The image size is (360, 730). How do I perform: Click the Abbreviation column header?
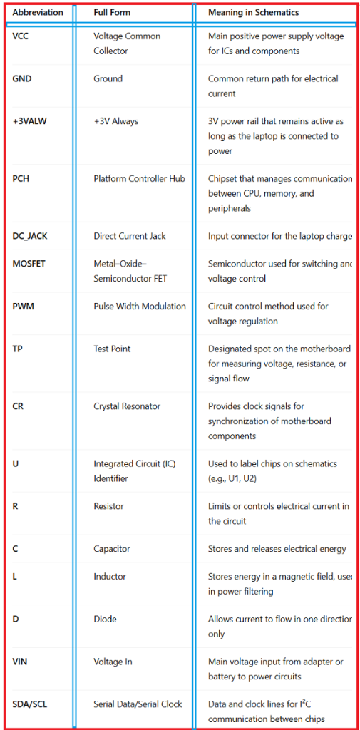[x=38, y=12]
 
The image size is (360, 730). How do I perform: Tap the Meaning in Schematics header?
[x=253, y=12]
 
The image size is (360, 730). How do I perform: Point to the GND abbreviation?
[x=22, y=78]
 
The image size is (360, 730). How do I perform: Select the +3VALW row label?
[x=29, y=121]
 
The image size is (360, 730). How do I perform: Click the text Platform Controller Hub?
[x=139, y=178]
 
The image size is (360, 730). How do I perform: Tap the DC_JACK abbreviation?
[x=29, y=235]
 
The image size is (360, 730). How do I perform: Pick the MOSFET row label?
[x=29, y=264]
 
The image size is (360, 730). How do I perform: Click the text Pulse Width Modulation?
[x=140, y=306]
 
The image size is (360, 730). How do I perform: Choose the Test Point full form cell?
[x=113, y=349]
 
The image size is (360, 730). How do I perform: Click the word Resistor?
[x=108, y=506]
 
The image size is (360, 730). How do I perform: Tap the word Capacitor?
[x=113, y=549]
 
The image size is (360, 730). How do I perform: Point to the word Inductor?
[x=110, y=577]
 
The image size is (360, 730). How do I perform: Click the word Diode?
[x=105, y=620]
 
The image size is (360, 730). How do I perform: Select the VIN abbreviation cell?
[x=20, y=662]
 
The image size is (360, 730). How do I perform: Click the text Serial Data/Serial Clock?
[x=138, y=704]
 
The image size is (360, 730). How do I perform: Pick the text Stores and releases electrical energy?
[x=277, y=549]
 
